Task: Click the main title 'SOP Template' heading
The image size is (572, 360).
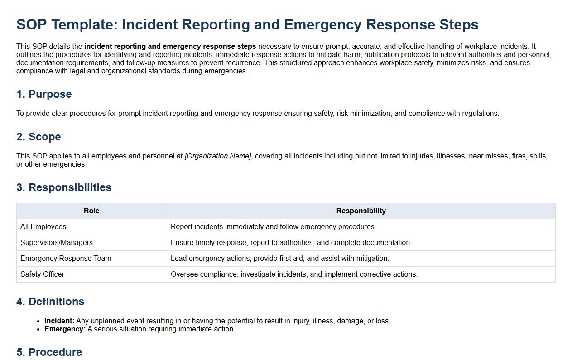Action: [247, 24]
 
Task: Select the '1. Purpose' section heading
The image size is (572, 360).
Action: [44, 94]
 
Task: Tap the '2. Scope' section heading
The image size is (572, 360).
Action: [38, 137]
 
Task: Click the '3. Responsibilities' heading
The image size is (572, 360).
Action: [64, 187]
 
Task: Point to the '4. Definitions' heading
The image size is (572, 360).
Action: [50, 302]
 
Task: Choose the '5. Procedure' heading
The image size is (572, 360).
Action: [49, 352]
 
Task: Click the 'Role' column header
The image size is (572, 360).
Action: [91, 211]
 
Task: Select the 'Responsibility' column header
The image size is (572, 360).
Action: [361, 211]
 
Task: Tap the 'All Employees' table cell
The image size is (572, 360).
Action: [43, 227]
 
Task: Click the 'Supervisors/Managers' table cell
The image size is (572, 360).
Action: [57, 243]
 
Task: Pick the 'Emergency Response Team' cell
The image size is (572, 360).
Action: [66, 259]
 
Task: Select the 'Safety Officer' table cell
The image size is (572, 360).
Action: [42, 274]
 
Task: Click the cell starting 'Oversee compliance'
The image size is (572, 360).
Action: [294, 274]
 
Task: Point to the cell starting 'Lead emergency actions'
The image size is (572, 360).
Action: [279, 259]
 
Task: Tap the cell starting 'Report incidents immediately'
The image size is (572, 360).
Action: [273, 227]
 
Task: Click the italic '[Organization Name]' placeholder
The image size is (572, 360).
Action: [218, 156]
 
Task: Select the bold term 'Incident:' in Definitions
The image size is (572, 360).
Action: [59, 321]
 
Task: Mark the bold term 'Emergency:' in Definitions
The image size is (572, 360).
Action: [65, 329]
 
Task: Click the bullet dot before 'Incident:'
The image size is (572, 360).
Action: [39, 321]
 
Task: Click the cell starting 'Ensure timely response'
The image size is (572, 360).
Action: [291, 243]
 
